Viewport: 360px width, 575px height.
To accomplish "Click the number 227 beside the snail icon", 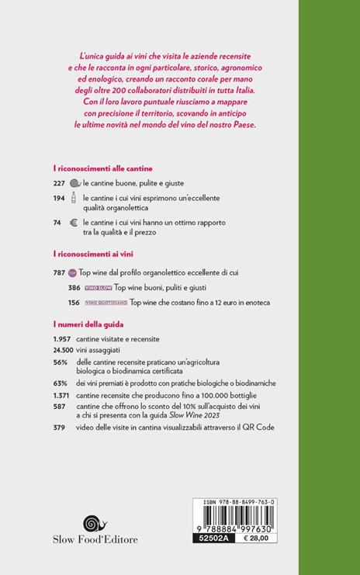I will pyautogui.click(x=59, y=182).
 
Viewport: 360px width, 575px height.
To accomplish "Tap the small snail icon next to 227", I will pyautogui.click(x=75, y=182).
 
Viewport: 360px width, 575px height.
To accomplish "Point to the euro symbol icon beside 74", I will pyautogui.click(x=75, y=223).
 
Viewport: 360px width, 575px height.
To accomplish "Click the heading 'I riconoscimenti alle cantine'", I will pyautogui.click(x=102, y=168).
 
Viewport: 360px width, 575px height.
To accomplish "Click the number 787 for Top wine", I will pyautogui.click(x=59, y=272).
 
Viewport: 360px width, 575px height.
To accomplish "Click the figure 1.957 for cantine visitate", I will pyautogui.click(x=62, y=339).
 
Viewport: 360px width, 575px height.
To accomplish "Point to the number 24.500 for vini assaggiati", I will pyautogui.click(x=64, y=351).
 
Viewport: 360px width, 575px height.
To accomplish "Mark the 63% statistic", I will pyautogui.click(x=61, y=383).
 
